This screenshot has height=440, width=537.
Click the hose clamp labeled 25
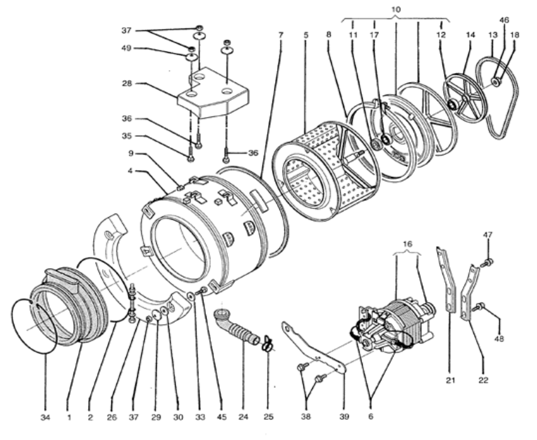click(266, 344)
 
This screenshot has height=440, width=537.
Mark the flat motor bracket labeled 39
click(315, 349)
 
